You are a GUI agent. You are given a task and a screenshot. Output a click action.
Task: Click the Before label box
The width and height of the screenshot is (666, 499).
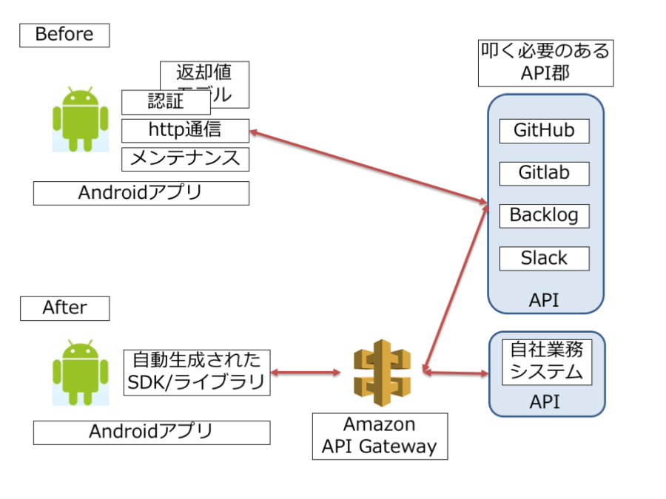(64, 35)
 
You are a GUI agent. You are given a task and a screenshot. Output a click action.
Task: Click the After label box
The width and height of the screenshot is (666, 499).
(64, 308)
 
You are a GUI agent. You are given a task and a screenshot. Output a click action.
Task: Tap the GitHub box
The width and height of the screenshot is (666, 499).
(545, 131)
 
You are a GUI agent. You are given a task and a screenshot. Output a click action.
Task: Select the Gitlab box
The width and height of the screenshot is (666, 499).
(545, 173)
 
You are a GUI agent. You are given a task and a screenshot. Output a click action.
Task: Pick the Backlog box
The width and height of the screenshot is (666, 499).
(545, 216)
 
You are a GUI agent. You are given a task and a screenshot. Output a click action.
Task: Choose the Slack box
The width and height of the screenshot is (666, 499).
(545, 259)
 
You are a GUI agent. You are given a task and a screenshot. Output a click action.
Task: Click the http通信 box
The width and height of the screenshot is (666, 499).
(185, 130)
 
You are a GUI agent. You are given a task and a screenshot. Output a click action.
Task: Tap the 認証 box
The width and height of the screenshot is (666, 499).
(166, 102)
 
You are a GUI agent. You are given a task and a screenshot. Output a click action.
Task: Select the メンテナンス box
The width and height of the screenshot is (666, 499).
(185, 158)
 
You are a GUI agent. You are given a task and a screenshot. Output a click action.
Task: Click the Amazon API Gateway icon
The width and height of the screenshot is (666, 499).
(380, 373)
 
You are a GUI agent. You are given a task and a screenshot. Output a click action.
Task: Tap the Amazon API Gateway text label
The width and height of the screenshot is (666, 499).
(380, 436)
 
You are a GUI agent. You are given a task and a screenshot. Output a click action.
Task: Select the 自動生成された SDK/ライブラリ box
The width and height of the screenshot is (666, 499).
(197, 373)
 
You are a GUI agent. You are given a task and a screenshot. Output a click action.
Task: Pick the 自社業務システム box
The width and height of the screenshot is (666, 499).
(547, 362)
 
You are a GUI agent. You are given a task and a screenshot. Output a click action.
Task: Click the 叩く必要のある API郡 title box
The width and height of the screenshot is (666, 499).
(545, 63)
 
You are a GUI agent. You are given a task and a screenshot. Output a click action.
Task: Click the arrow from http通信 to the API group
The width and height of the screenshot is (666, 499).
(367, 167)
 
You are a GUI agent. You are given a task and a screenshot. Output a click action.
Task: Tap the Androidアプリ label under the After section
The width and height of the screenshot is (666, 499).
(152, 432)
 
